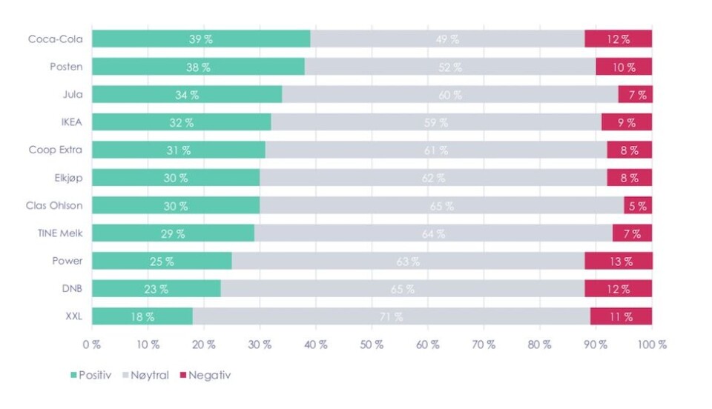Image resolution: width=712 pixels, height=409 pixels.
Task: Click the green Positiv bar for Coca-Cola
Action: pos(201,39)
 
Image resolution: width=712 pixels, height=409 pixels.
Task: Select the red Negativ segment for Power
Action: pos(618,261)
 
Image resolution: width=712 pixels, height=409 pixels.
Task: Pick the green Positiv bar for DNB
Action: pos(156,289)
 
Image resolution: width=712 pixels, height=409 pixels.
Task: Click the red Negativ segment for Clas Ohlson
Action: pos(638,206)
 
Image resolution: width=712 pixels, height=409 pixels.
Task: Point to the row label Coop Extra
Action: pos(56,150)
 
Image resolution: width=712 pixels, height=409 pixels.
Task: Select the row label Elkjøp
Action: pos(67,178)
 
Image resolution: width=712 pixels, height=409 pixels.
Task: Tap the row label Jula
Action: pos(73,95)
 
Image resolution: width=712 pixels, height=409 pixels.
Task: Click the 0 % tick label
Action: pos(92,345)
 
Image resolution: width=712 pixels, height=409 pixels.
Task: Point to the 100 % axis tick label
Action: pos(652,345)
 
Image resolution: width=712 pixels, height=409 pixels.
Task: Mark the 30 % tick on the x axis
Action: pos(260,345)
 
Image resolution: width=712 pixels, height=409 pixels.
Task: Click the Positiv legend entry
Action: pos(90,376)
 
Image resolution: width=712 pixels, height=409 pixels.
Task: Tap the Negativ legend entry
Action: pos(203,376)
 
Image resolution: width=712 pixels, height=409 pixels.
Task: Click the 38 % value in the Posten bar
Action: pos(198,67)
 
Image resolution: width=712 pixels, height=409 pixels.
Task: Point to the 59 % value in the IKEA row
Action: pos(436,123)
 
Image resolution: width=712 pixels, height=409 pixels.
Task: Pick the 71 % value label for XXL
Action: pos(392,317)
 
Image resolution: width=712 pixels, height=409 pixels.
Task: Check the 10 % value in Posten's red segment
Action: pos(624,67)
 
